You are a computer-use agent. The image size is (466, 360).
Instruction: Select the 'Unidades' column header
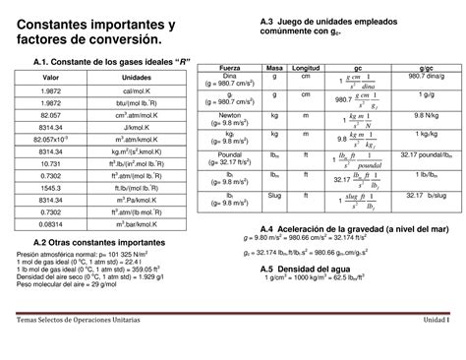pyautogui.click(x=137, y=78)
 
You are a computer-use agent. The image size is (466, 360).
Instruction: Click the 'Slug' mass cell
pyautogui.click(x=274, y=194)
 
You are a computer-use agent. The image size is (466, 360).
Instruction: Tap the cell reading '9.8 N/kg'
pyautogui.click(x=425, y=114)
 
